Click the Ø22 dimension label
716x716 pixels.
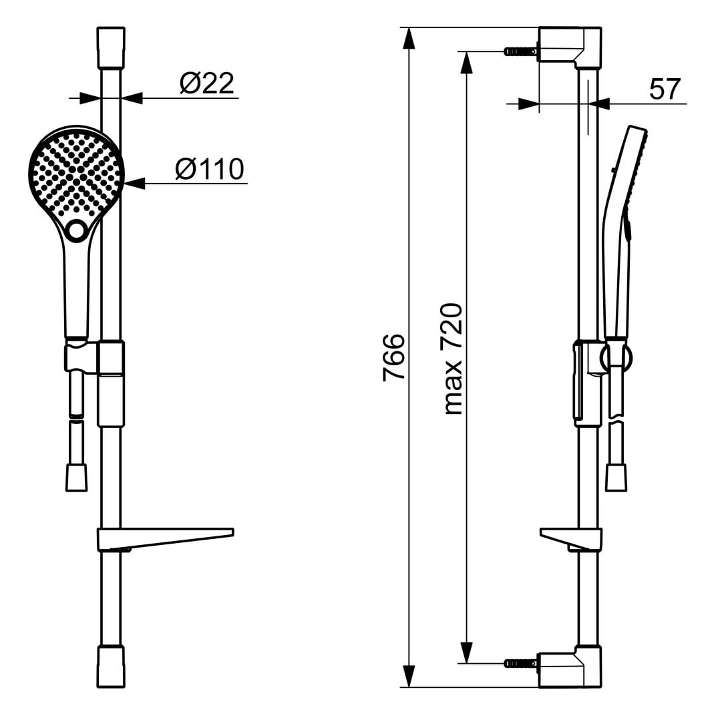(207, 83)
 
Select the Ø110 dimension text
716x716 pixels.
(210, 169)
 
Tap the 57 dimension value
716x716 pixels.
(665, 89)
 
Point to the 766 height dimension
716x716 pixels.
(393, 357)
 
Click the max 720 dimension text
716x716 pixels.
(453, 359)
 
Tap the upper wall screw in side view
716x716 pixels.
(520, 51)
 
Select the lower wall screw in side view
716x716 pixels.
(520, 663)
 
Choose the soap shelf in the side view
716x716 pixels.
(571, 539)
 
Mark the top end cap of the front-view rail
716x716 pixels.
(111, 47)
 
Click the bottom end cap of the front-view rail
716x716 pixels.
(111, 666)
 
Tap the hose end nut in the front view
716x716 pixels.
(76, 478)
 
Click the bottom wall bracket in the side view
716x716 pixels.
(570, 666)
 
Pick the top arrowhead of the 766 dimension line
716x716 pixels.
(409, 38)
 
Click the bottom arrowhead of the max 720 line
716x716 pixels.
(466, 652)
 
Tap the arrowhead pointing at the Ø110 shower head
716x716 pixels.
(134, 184)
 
